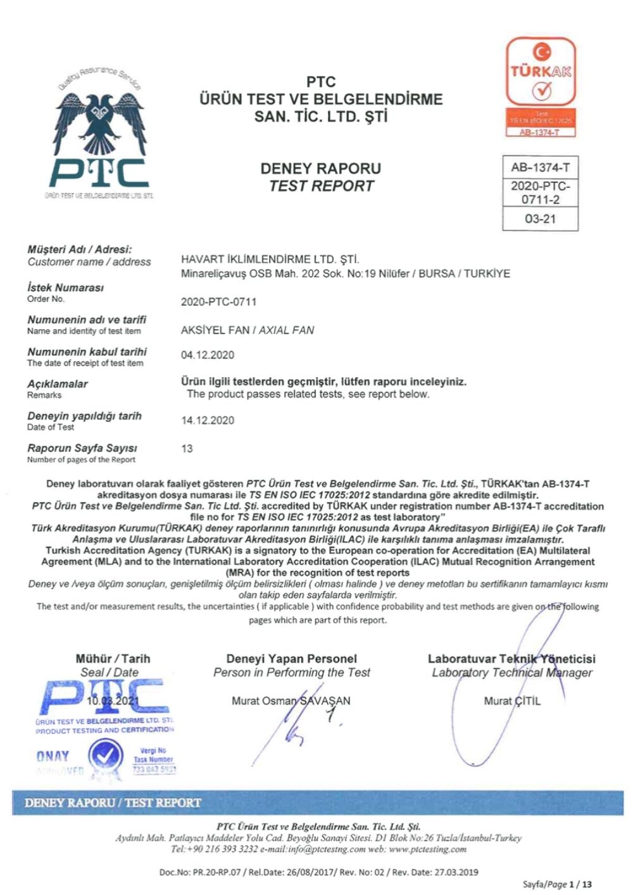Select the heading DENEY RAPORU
[321, 168]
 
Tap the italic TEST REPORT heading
[321, 186]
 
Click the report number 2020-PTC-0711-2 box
[540, 192]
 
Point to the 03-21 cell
[540, 219]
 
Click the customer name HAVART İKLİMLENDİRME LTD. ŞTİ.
[270, 260]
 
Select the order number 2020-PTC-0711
[218, 302]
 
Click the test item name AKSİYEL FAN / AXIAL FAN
[248, 330]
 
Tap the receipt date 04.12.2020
[207, 355]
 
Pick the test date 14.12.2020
[207, 420]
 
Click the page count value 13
[187, 449]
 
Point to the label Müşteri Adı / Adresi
[80, 249]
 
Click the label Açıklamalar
[58, 384]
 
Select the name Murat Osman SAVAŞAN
[291, 701]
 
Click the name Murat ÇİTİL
[512, 701]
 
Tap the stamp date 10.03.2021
[112, 701]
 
